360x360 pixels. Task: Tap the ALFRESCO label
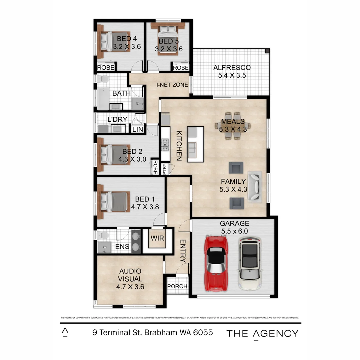(x=232, y=68)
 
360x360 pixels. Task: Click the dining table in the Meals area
(x=233, y=126)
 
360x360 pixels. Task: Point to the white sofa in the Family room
(x=255, y=187)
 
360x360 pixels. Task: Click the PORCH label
(x=177, y=286)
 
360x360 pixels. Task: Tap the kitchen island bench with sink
(x=195, y=144)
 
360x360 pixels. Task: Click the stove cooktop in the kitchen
(x=165, y=144)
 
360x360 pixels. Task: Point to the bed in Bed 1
(x=113, y=202)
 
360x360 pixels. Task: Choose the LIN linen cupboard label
(x=137, y=129)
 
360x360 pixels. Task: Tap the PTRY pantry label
(x=165, y=169)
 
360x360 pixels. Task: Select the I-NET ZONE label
(x=172, y=85)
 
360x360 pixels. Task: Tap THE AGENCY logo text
(x=262, y=333)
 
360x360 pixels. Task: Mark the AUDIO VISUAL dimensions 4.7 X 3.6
(x=130, y=287)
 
